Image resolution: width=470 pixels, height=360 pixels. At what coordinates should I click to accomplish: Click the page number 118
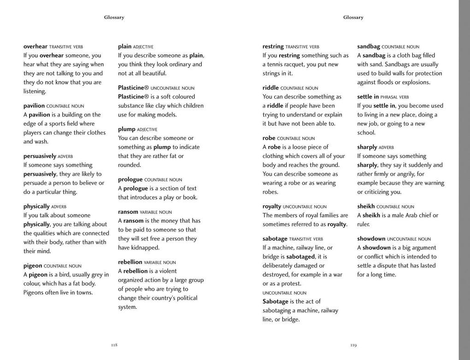tap(114, 345)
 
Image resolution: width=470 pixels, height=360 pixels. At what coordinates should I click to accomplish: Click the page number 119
tap(353, 345)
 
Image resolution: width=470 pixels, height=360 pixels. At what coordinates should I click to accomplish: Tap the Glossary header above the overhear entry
tap(114, 18)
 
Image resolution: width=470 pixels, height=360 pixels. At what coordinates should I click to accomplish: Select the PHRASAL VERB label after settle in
tap(394, 97)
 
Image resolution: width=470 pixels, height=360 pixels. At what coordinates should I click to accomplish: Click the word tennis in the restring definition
tap(276, 65)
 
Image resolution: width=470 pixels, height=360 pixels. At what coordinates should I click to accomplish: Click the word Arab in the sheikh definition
tap(411, 215)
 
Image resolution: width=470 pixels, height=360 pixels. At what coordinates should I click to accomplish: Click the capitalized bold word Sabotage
tap(276, 301)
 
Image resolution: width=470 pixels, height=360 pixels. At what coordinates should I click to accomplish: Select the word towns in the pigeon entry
tap(84, 292)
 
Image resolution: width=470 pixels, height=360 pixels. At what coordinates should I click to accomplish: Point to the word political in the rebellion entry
tap(188, 298)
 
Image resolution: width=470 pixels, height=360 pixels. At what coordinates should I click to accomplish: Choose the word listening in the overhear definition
tap(35, 91)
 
